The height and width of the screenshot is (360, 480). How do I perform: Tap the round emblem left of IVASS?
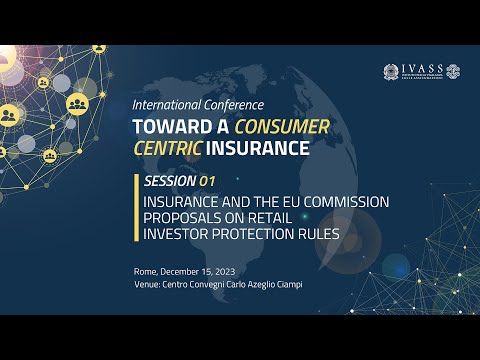[391, 72]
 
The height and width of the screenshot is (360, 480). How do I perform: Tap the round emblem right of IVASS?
[453, 72]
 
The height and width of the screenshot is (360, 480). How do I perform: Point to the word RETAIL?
[282, 219]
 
